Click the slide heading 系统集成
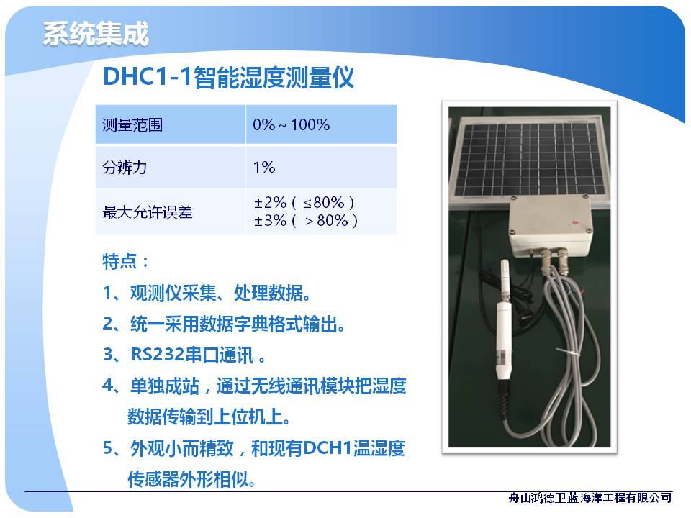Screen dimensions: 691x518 pos(96,34)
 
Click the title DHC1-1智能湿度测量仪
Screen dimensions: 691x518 pos(228,77)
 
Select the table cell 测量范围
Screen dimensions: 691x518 pos(171,124)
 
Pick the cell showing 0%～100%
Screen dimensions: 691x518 pos(321,124)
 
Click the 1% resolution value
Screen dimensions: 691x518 pos(264,168)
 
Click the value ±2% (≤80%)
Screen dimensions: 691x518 pos(304,203)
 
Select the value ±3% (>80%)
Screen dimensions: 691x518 pos(306,220)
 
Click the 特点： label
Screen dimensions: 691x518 pos(125,261)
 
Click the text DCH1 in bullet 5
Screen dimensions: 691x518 pos(328,448)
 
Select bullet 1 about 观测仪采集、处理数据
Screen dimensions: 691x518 pos(207,293)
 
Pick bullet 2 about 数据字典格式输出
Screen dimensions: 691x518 pos(224,324)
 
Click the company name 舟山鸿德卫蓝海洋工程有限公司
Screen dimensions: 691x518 pos(590,498)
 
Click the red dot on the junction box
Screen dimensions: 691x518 pos(574,222)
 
